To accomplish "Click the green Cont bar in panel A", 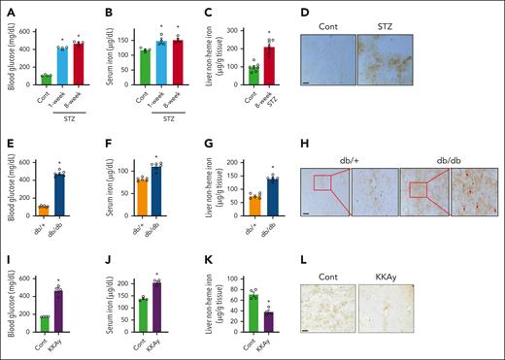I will [x=44, y=80].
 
